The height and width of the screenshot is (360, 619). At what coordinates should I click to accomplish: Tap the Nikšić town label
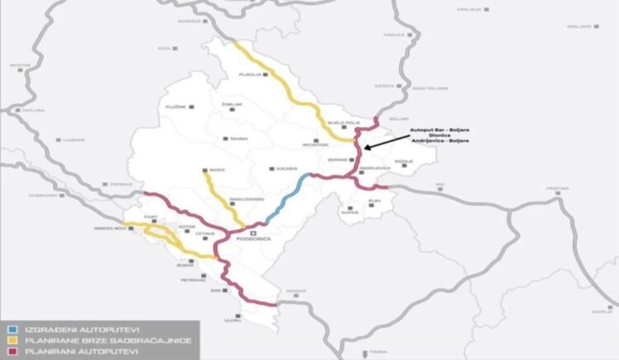coord(217,171)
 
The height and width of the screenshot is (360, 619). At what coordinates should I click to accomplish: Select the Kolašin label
coord(286,169)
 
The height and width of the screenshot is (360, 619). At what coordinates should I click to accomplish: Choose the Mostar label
coord(19,64)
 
